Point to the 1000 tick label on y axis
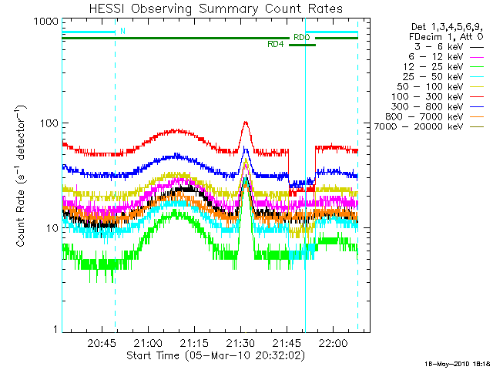(45, 22)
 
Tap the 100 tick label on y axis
(49, 124)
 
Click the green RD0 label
(300, 37)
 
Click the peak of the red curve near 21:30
(245, 122)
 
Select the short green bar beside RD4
(302, 45)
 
